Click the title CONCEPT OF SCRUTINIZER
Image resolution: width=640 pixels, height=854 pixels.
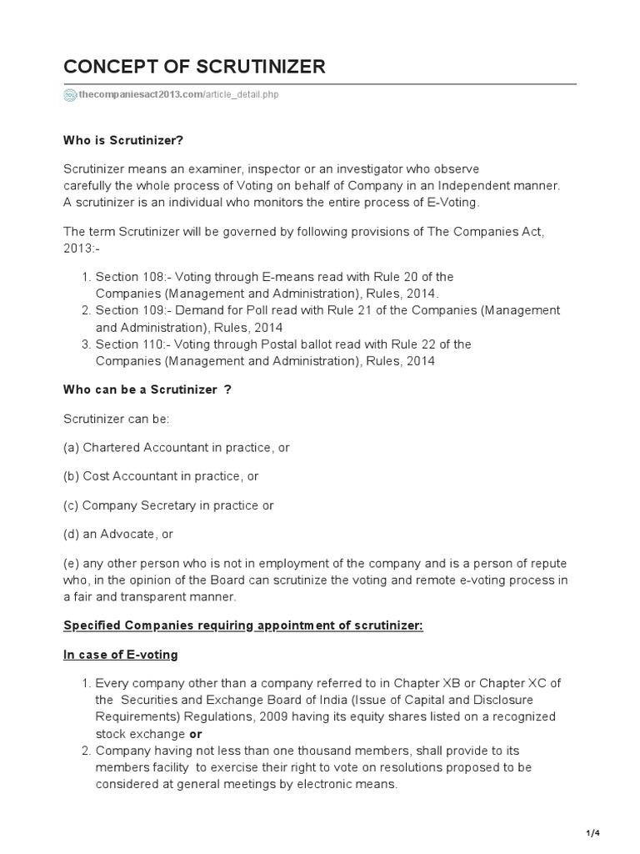194,67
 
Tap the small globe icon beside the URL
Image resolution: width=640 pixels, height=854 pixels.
70,95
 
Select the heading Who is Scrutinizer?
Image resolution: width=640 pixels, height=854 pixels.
123,140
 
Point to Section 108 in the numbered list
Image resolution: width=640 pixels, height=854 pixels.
122,277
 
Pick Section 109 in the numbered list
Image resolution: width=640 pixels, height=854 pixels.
122,310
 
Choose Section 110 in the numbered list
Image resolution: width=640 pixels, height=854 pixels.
122,344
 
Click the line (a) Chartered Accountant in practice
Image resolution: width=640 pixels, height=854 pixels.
176,448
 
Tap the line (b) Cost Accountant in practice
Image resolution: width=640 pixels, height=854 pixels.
161,476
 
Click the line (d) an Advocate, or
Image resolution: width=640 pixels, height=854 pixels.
118,534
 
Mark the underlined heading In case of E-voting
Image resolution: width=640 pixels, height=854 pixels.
121,655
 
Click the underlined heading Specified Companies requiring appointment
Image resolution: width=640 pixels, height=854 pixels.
243,625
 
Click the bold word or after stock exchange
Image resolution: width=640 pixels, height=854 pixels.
196,734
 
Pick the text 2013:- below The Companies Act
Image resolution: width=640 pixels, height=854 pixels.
81,249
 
